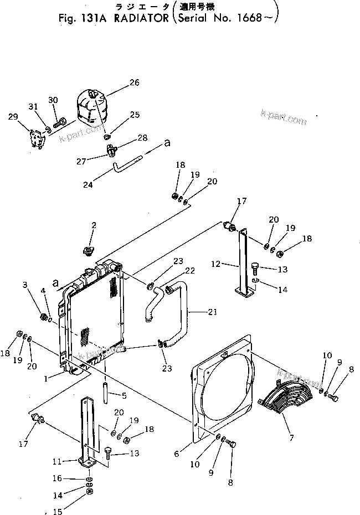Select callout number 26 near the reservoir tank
(135, 83)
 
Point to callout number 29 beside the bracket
(13, 116)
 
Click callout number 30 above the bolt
(53, 100)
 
